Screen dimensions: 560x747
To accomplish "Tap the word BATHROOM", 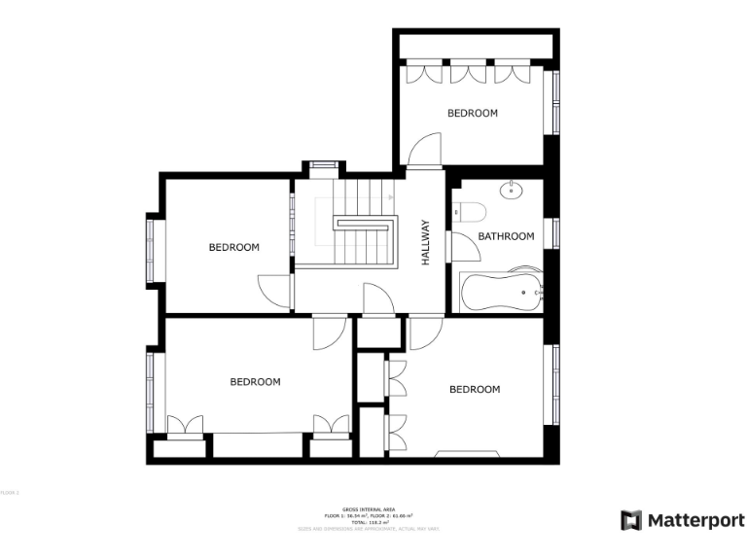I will click(x=506, y=236).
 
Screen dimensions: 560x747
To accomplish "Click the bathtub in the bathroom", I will click(x=502, y=292).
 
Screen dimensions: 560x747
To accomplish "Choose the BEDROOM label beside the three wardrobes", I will click(x=472, y=113).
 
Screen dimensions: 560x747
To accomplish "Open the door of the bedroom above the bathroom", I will click(x=424, y=151).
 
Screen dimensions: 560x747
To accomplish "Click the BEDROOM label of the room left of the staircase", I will click(x=234, y=247).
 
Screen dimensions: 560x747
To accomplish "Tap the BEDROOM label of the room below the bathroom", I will click(x=475, y=389).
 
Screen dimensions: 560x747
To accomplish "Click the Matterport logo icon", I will click(x=632, y=520).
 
